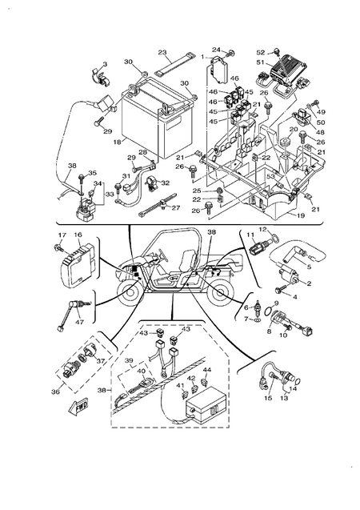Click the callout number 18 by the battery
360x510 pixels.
118,142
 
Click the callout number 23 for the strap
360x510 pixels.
162,53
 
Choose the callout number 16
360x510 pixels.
78,235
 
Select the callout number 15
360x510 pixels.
267,397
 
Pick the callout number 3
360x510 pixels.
104,63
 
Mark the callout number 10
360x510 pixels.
282,335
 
